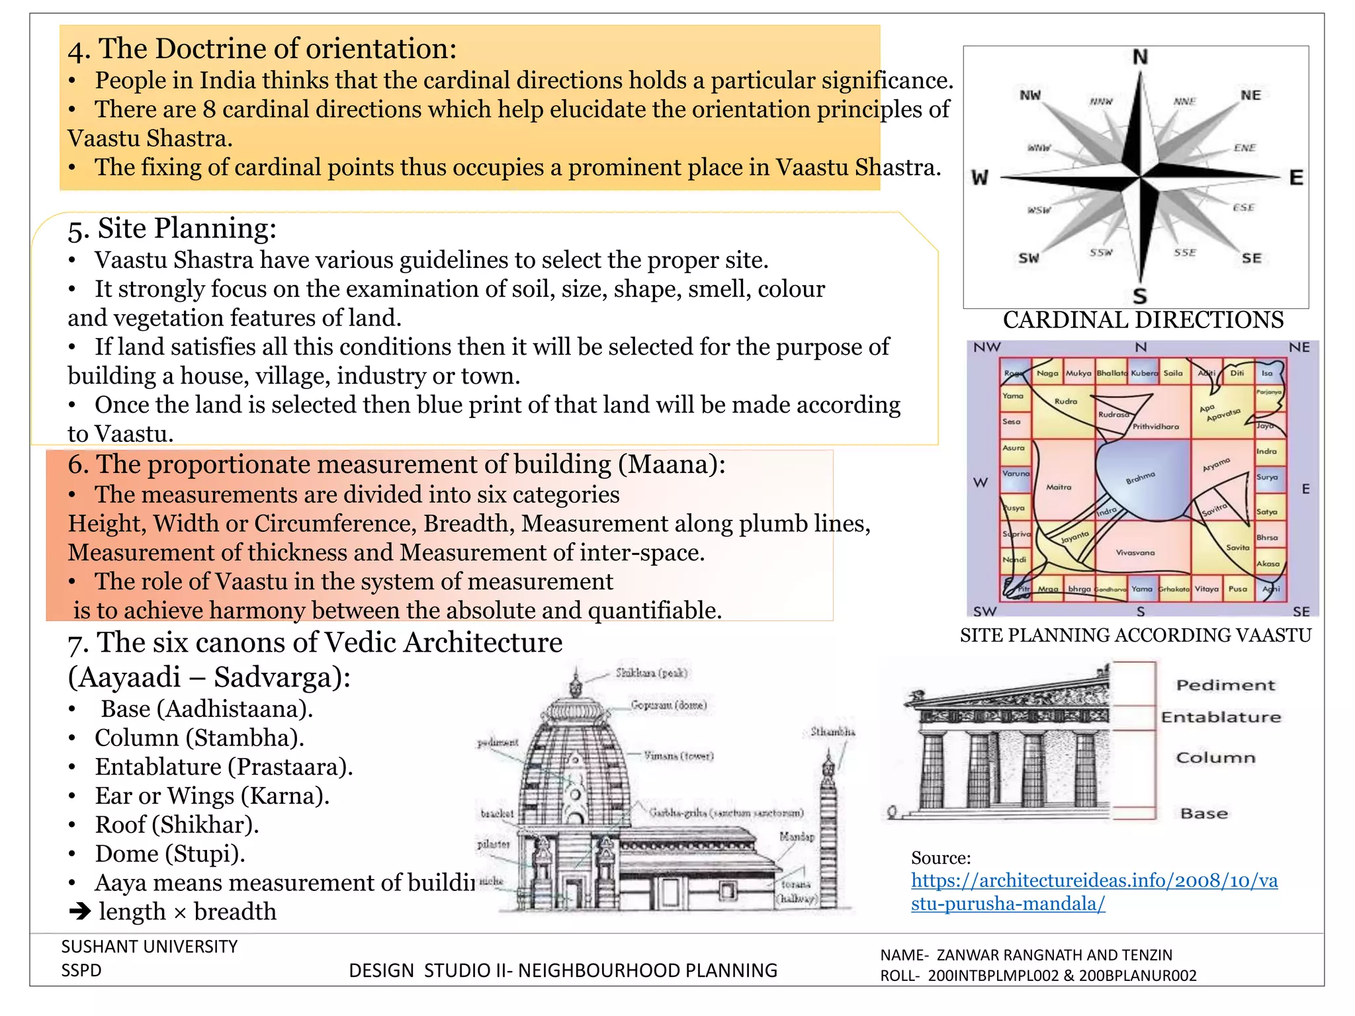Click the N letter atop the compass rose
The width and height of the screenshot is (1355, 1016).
pyautogui.click(x=1140, y=58)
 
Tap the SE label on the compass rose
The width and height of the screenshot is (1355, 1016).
pyautogui.click(x=1251, y=259)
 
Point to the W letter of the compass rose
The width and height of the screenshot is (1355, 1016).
pyautogui.click(x=980, y=178)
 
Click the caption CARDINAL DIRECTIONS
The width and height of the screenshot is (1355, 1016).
pyautogui.click(x=1143, y=320)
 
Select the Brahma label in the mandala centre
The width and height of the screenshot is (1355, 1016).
pyautogui.click(x=1140, y=477)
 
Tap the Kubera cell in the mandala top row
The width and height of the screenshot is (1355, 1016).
pyautogui.click(x=1144, y=373)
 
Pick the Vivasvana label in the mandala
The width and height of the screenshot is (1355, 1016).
pyautogui.click(x=1135, y=552)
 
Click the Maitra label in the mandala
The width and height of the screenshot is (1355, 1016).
pyautogui.click(x=1059, y=487)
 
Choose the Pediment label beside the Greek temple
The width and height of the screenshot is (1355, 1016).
pyautogui.click(x=1225, y=685)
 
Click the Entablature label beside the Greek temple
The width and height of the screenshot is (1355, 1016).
pyautogui.click(x=1221, y=717)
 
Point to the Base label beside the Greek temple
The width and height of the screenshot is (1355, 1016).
pyautogui.click(x=1204, y=814)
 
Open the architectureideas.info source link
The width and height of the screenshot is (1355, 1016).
pyautogui.click(x=1094, y=892)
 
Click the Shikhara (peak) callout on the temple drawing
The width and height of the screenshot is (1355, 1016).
pyautogui.click(x=652, y=673)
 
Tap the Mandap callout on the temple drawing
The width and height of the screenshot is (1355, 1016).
pyautogui.click(x=797, y=837)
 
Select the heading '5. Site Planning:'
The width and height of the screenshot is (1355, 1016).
pyautogui.click(x=172, y=229)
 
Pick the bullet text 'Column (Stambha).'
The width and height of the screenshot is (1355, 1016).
pyautogui.click(x=199, y=738)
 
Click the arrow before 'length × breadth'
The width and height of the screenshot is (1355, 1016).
pyautogui.click(x=80, y=912)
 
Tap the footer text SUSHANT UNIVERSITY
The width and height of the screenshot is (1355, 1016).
pyautogui.click(x=150, y=947)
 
